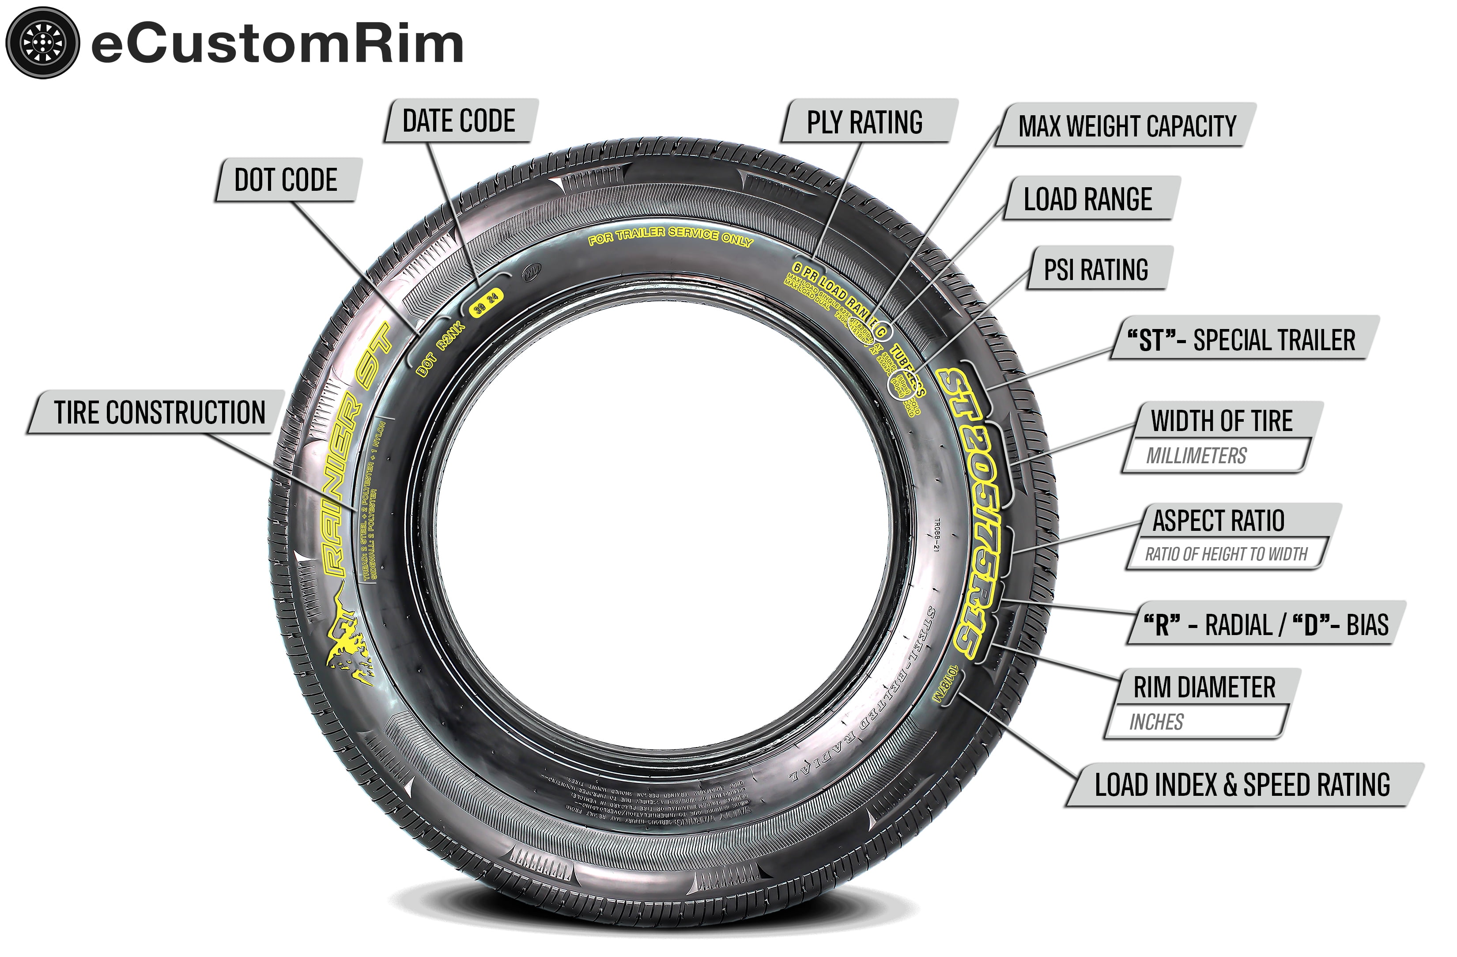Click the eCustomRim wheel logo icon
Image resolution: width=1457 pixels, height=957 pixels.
[42, 42]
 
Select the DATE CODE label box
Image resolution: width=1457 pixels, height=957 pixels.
[459, 121]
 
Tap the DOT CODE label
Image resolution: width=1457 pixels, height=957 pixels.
[286, 180]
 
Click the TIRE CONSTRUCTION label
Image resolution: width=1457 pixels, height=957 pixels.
[159, 412]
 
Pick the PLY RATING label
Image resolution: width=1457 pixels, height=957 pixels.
[864, 122]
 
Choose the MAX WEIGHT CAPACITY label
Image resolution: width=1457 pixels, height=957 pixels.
[1126, 125]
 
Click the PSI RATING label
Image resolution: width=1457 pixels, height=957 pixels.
[1095, 269]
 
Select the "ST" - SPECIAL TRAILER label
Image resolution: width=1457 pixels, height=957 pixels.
[1241, 340]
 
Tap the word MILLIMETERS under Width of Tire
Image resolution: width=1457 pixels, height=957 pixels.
[1196, 456]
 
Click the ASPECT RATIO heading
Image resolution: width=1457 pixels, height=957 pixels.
[1218, 520]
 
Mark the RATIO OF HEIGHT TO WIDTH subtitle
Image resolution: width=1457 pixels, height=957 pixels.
[1226, 554]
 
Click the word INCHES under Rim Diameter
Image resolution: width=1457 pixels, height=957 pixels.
[1156, 722]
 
